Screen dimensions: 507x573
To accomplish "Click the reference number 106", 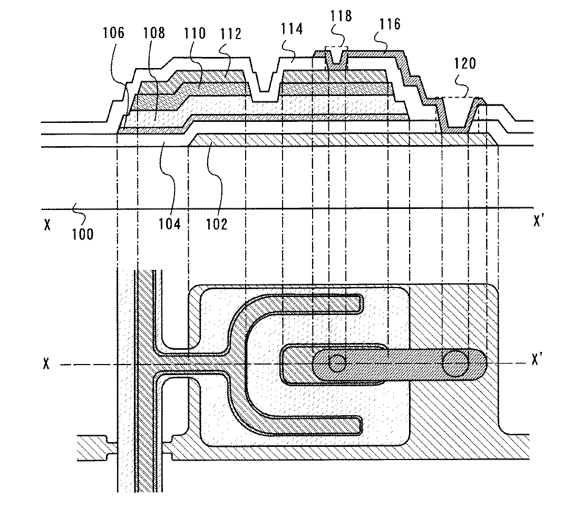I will click(114, 34).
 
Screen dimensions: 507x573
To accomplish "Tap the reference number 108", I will click(154, 34).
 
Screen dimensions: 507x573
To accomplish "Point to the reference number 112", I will click(230, 34).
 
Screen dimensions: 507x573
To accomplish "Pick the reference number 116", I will click(390, 24).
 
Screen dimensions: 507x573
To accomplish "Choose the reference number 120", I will click(464, 64).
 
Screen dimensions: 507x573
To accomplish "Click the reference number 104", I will click(170, 224).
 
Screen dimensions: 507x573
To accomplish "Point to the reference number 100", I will click(82, 233).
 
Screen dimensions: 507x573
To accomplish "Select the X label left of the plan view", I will click(47, 364).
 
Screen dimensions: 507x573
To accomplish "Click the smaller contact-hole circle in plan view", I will click(337, 362).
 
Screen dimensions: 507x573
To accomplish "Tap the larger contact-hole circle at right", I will click(455, 363).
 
